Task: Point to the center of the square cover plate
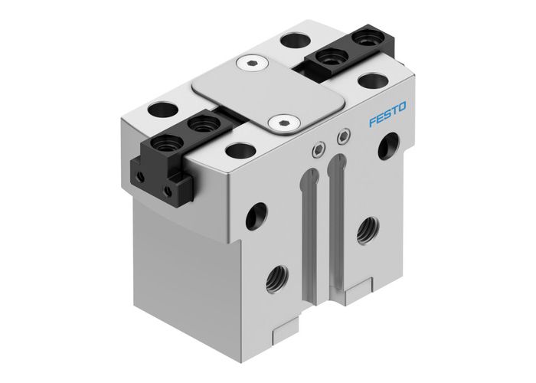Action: click(267, 93)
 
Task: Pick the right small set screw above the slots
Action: click(342, 138)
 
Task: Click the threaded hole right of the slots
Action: click(367, 226)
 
